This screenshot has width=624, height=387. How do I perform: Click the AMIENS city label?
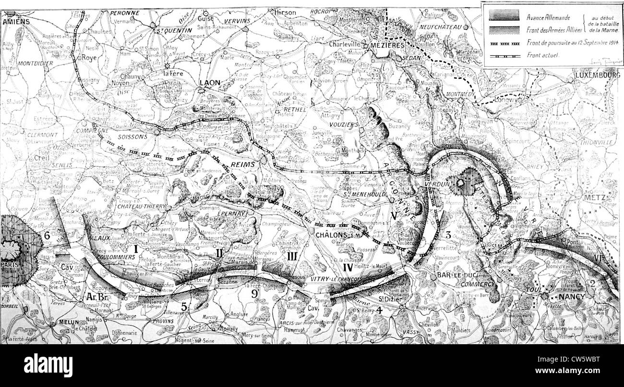(x=17, y=22)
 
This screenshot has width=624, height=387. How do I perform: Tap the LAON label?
(x=210, y=83)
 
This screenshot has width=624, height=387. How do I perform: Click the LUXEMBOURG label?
(x=598, y=76)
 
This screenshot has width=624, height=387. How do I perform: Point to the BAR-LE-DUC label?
(x=449, y=275)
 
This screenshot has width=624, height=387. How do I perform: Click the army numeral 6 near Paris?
(x=47, y=236)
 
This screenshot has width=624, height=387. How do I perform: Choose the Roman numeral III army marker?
(x=291, y=256)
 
